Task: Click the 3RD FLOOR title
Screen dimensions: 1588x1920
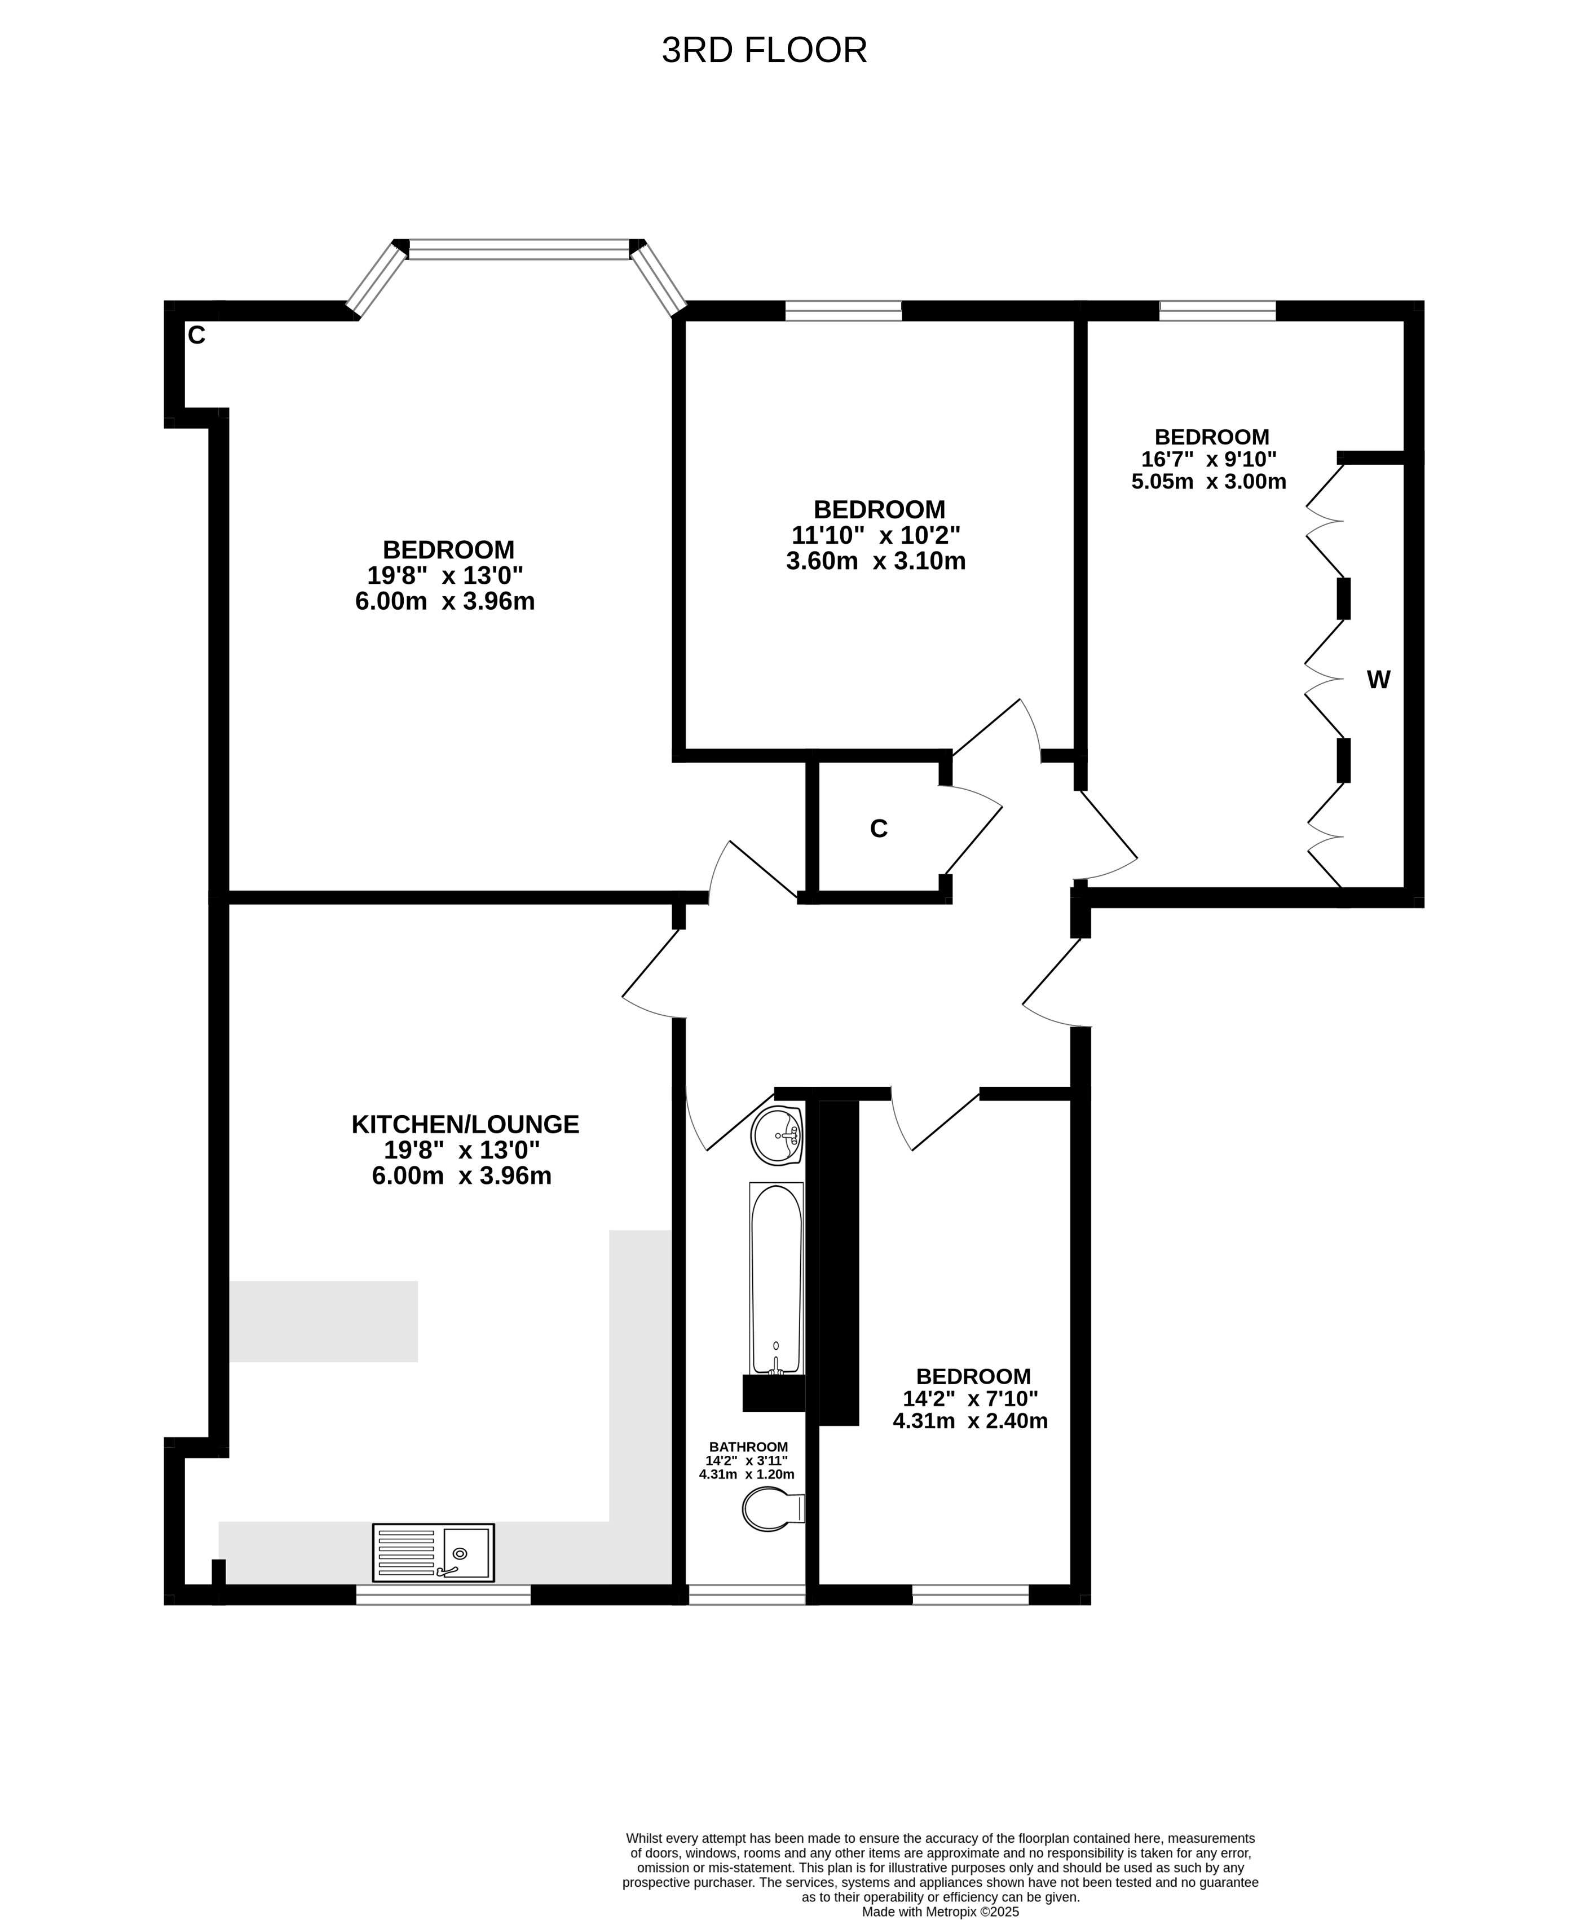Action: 764,50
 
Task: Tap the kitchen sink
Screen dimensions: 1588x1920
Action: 433,1552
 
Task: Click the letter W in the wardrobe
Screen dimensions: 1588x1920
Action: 1378,679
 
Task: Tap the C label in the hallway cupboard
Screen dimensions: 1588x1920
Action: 879,829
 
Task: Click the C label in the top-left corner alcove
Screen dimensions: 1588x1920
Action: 197,336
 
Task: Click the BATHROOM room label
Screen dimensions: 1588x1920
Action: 749,1446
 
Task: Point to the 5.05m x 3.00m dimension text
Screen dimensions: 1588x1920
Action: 1208,482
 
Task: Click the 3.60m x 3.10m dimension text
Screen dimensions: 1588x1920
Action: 876,561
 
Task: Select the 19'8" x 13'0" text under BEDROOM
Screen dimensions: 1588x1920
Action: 445,576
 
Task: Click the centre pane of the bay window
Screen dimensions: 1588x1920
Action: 519,249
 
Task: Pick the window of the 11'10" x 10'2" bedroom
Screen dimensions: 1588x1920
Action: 844,311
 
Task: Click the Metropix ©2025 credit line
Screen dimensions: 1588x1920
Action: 940,1911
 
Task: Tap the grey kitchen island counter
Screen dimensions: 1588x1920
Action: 324,1321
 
